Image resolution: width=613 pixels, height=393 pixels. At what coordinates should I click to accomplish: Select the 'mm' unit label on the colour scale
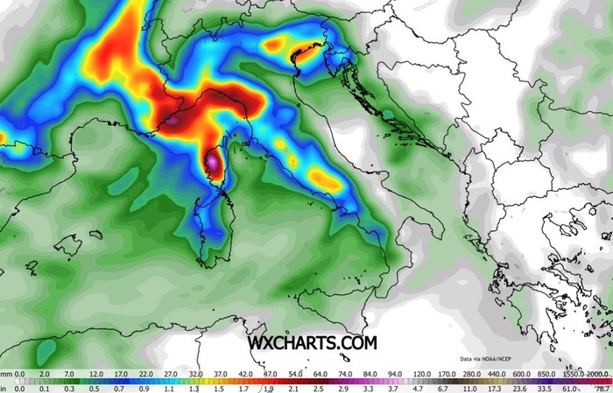[4, 374]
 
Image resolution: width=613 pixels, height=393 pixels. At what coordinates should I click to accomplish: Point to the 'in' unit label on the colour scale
[4, 387]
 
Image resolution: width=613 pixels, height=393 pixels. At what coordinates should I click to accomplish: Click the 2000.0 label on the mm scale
[599, 374]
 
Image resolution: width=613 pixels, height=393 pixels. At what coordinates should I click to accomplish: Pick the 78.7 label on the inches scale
[602, 387]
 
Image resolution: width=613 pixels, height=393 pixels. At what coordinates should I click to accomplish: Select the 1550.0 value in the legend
[573, 374]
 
